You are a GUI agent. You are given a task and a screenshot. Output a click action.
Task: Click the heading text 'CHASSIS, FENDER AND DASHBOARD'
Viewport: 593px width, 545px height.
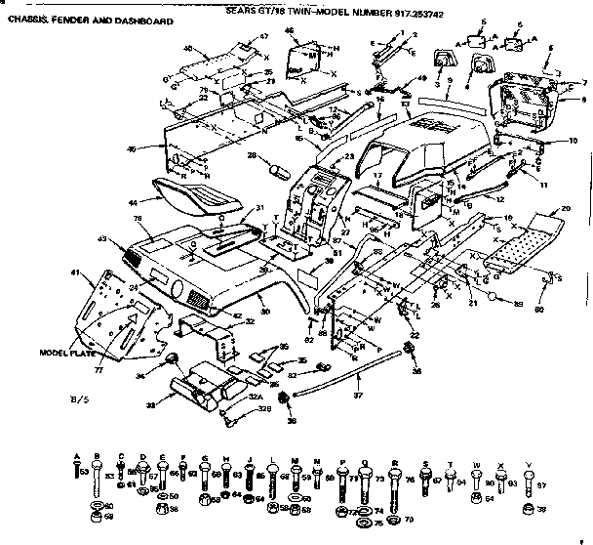pos(92,21)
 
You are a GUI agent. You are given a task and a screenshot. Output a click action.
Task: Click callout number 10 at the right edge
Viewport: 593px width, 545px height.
pos(573,142)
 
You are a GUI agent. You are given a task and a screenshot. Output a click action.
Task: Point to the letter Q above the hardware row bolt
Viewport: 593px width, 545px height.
pos(364,464)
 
